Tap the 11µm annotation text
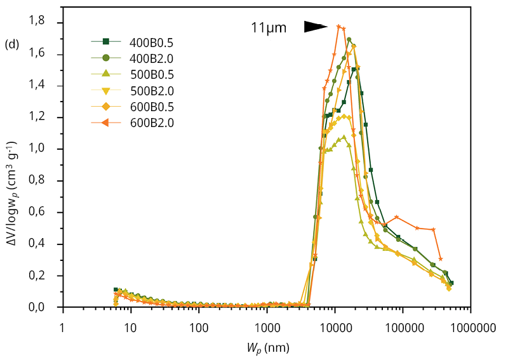tap(269, 28)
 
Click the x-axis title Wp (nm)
tap(266, 348)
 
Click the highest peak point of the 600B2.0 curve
tap(338, 26)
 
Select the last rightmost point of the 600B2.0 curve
tap(441, 259)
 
